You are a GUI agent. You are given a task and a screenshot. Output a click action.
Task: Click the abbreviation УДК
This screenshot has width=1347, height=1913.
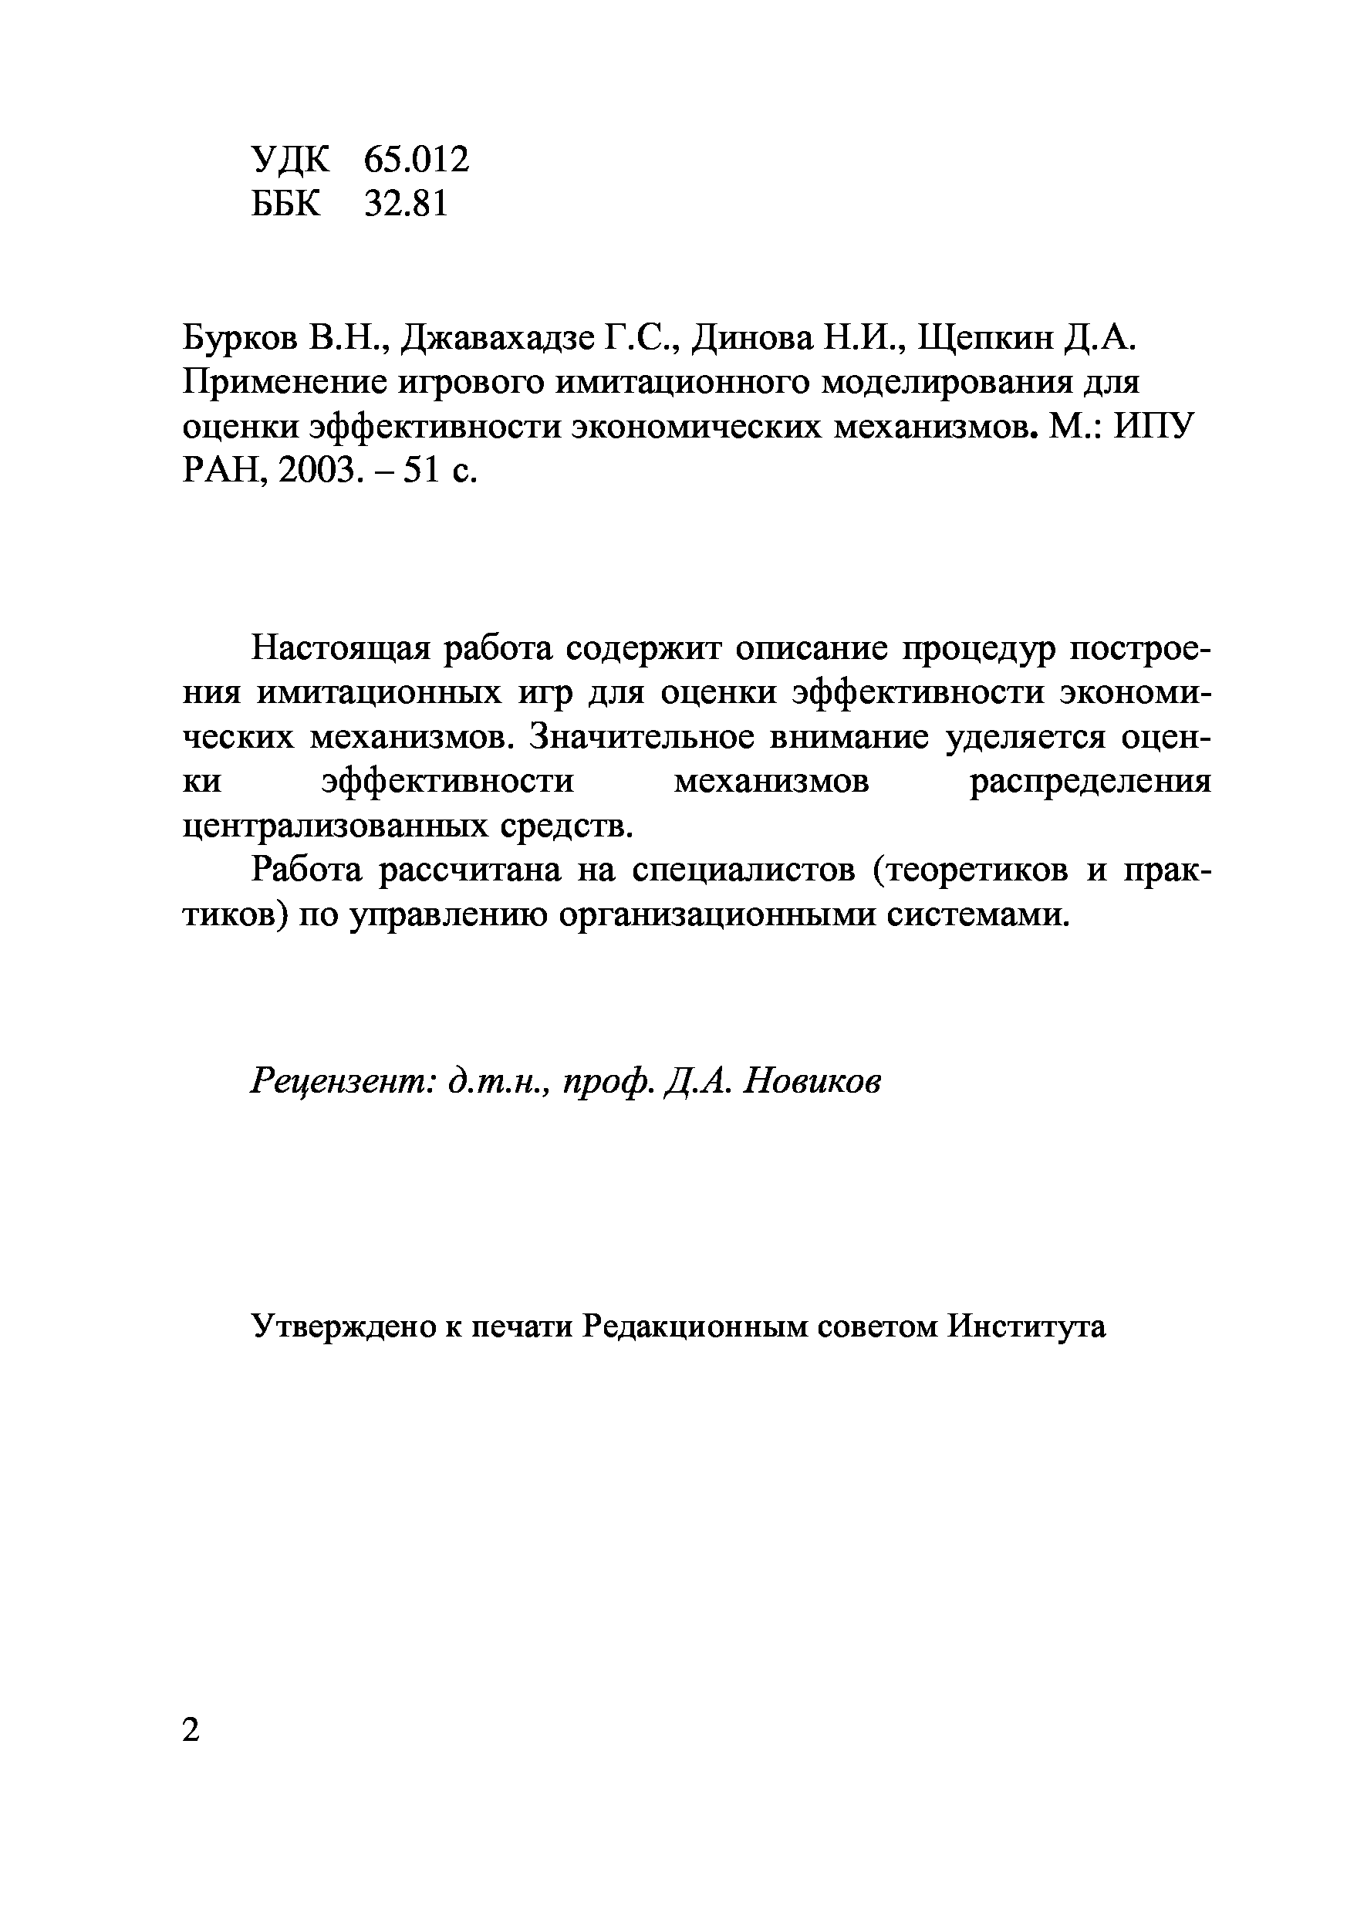[291, 159]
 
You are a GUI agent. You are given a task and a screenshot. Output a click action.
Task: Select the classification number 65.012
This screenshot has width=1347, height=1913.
[417, 159]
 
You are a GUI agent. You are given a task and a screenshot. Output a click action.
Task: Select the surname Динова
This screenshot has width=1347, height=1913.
[752, 337]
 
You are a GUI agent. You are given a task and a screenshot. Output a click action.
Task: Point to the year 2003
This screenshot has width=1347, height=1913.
[317, 471]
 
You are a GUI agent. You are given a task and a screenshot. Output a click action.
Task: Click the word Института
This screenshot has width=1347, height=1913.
[1026, 1327]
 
